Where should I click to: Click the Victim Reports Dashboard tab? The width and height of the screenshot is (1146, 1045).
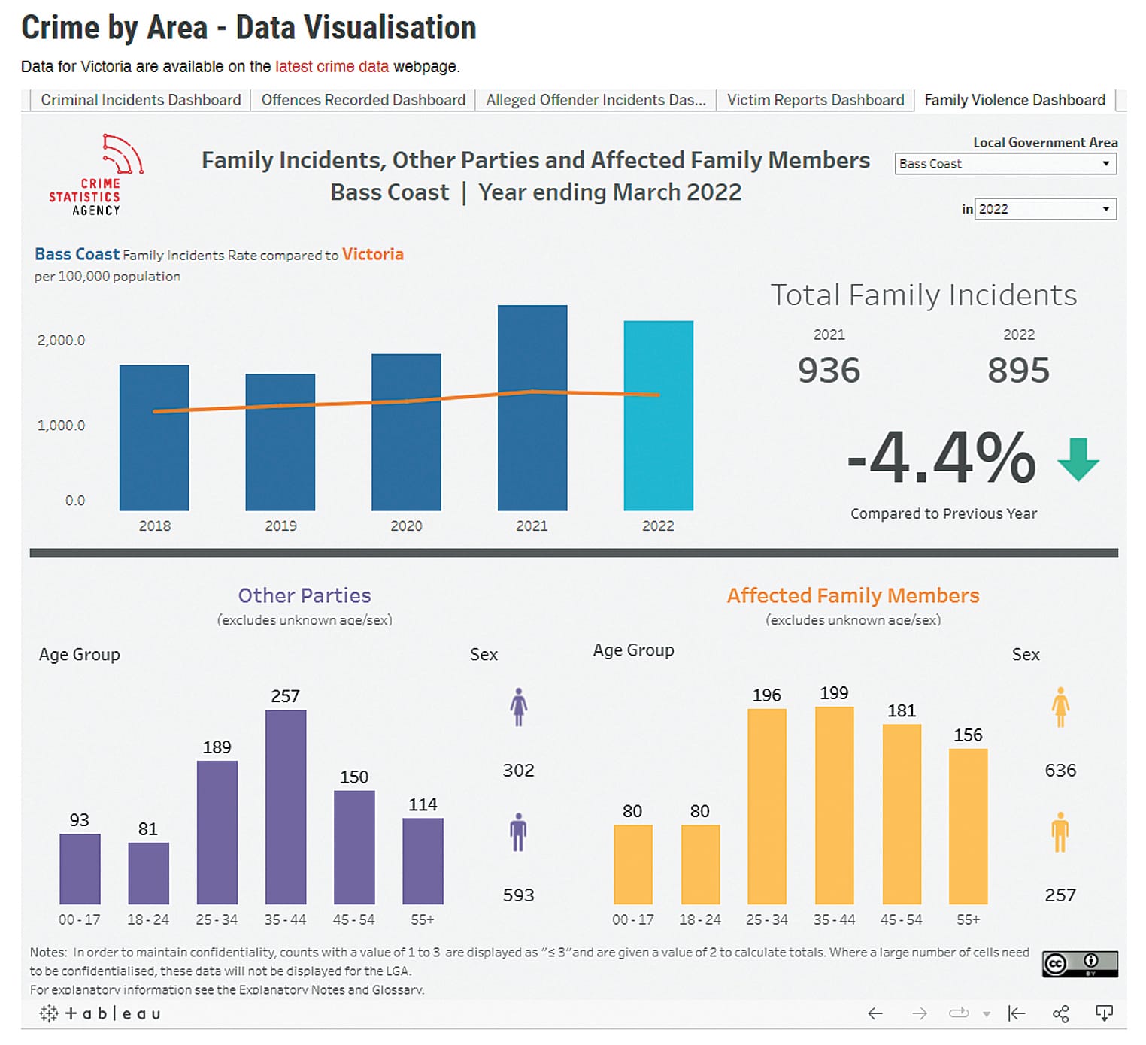pyautogui.click(x=815, y=100)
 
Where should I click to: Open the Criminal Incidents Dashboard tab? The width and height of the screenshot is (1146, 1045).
pyautogui.click(x=141, y=100)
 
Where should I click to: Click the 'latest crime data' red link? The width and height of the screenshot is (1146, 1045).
pyautogui.click(x=332, y=67)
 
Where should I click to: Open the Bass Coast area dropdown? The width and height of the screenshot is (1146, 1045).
pyautogui.click(x=1005, y=164)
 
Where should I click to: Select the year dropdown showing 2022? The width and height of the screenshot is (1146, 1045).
pyautogui.click(x=1044, y=209)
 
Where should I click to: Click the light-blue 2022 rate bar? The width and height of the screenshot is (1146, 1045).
pyautogui.click(x=658, y=416)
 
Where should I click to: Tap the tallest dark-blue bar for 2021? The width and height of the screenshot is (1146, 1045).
pyautogui.click(x=532, y=408)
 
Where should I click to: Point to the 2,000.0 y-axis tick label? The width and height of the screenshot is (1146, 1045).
pyautogui.click(x=61, y=340)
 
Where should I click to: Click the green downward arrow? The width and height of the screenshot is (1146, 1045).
pyautogui.click(x=1078, y=459)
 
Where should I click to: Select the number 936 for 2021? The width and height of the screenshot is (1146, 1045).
pyautogui.click(x=829, y=370)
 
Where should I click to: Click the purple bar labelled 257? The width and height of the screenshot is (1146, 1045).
pyautogui.click(x=286, y=807)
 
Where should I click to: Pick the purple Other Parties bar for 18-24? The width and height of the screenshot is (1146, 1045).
pyautogui.click(x=148, y=873)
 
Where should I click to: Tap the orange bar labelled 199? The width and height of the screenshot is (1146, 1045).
pyautogui.click(x=834, y=805)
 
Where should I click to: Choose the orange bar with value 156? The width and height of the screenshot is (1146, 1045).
pyautogui.click(x=968, y=825)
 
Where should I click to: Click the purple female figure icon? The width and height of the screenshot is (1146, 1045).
pyautogui.click(x=518, y=707)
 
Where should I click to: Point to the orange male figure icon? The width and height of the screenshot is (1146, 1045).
pyautogui.click(x=1060, y=831)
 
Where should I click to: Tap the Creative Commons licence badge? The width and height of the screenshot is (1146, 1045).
pyautogui.click(x=1079, y=963)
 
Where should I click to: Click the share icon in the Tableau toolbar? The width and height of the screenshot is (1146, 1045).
pyautogui.click(x=1060, y=1013)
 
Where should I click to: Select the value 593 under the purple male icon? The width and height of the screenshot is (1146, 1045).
pyautogui.click(x=518, y=895)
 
